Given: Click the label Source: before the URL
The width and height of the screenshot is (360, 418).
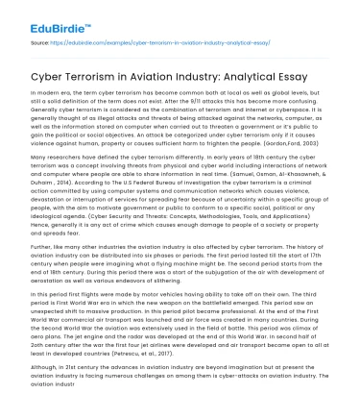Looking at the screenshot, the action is [x=42, y=44].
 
